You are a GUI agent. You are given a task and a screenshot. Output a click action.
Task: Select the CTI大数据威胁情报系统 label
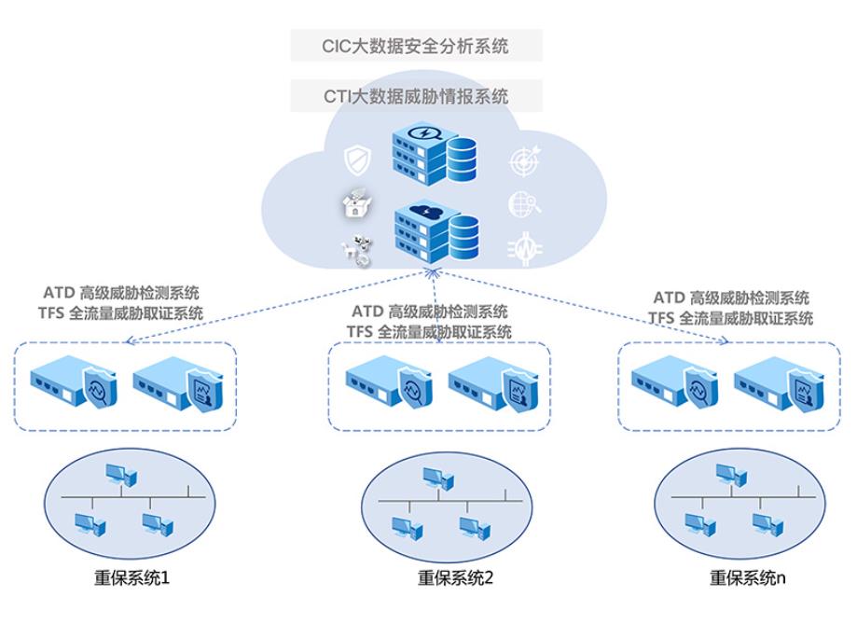[416, 95]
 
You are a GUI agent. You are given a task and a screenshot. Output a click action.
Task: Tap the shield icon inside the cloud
[358, 160]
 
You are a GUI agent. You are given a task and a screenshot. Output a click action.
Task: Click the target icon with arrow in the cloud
[524, 160]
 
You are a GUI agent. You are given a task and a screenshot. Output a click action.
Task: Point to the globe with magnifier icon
[524, 204]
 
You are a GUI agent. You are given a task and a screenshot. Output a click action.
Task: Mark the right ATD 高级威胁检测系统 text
[731, 298]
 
